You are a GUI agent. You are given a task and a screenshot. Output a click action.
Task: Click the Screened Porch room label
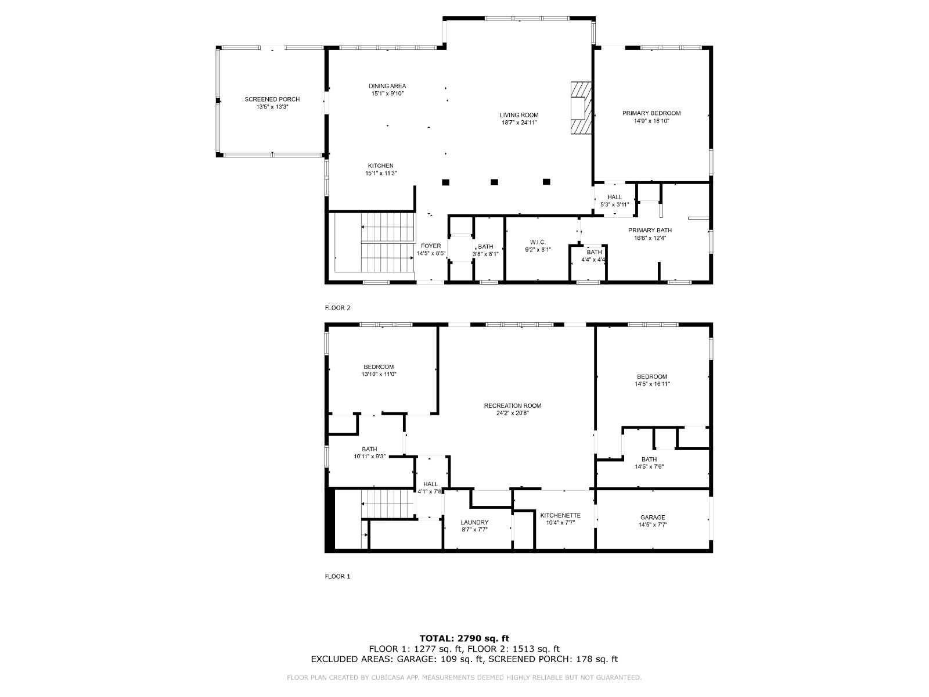272,99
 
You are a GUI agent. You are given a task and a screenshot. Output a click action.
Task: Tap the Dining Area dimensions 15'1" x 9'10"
388,94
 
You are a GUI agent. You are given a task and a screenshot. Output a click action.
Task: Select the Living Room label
519,115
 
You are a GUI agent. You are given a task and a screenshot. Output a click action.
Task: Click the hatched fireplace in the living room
579,108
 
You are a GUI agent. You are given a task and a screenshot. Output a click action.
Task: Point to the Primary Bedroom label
651,113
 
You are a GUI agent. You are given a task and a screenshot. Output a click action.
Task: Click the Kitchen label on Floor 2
380,166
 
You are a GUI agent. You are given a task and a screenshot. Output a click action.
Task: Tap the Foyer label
431,246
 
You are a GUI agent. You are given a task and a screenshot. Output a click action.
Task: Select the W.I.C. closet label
538,242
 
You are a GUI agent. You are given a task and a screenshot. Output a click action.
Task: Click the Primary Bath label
650,230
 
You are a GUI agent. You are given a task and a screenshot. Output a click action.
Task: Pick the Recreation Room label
513,405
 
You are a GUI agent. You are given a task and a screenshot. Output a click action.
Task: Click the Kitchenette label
560,515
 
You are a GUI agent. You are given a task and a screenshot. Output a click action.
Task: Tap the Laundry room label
474,522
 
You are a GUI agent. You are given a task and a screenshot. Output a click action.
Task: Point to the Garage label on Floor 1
653,517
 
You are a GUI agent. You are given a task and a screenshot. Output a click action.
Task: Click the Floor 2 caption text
337,308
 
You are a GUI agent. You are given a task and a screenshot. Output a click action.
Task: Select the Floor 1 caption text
337,576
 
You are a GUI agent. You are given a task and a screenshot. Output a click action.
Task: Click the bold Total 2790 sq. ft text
464,638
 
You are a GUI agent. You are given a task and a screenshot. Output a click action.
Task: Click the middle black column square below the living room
494,182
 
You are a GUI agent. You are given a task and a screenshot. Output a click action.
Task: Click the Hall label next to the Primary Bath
614,197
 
